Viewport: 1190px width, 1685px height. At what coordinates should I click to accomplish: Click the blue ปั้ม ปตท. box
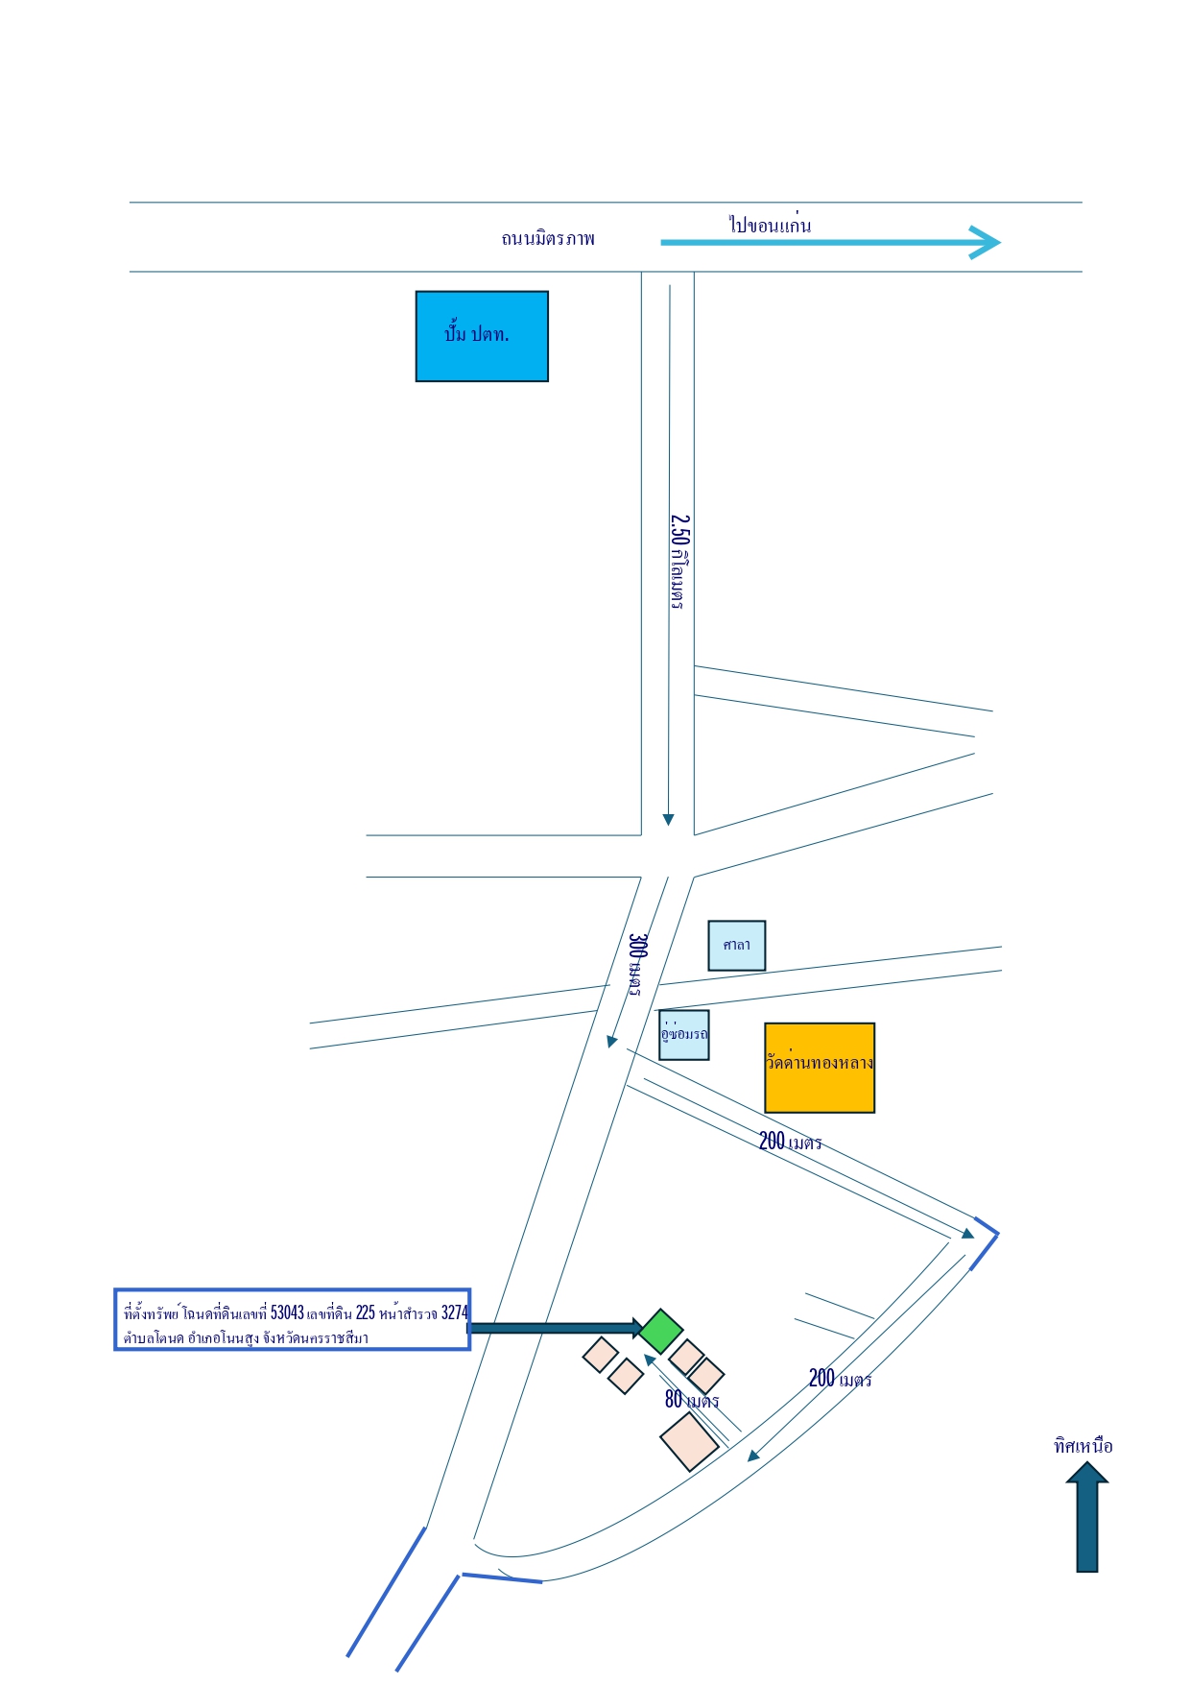482,336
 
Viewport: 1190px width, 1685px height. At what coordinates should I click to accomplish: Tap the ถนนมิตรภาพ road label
548,238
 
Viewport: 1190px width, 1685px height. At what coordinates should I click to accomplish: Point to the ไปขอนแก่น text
770,225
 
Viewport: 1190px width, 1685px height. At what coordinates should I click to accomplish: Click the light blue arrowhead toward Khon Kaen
986,242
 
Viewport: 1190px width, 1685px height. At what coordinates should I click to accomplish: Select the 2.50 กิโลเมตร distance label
678,562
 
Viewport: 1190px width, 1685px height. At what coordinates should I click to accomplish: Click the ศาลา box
737,946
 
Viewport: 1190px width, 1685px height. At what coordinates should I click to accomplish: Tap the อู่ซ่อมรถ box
684,1034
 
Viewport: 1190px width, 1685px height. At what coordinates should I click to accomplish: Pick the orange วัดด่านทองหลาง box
820,1068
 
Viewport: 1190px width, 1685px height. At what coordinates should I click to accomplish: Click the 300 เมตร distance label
636,964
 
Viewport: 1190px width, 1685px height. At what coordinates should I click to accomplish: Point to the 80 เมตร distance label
692,1400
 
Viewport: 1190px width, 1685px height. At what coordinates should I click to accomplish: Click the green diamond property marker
661,1332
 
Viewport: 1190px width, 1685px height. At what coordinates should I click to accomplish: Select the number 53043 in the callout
287,1312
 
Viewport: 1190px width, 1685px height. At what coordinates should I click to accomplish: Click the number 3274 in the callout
455,1312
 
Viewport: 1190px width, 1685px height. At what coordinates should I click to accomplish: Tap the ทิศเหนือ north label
1083,1446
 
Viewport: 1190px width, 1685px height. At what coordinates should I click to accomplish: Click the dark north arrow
1087,1517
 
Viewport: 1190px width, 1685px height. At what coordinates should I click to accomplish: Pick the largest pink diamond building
689,1441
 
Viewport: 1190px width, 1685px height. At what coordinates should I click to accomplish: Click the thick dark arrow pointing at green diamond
556,1328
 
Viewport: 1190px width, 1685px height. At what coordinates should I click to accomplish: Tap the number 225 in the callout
366,1312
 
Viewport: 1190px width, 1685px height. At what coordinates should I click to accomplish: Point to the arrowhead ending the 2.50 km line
669,820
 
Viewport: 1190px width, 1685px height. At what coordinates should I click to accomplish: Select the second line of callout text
246,1338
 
